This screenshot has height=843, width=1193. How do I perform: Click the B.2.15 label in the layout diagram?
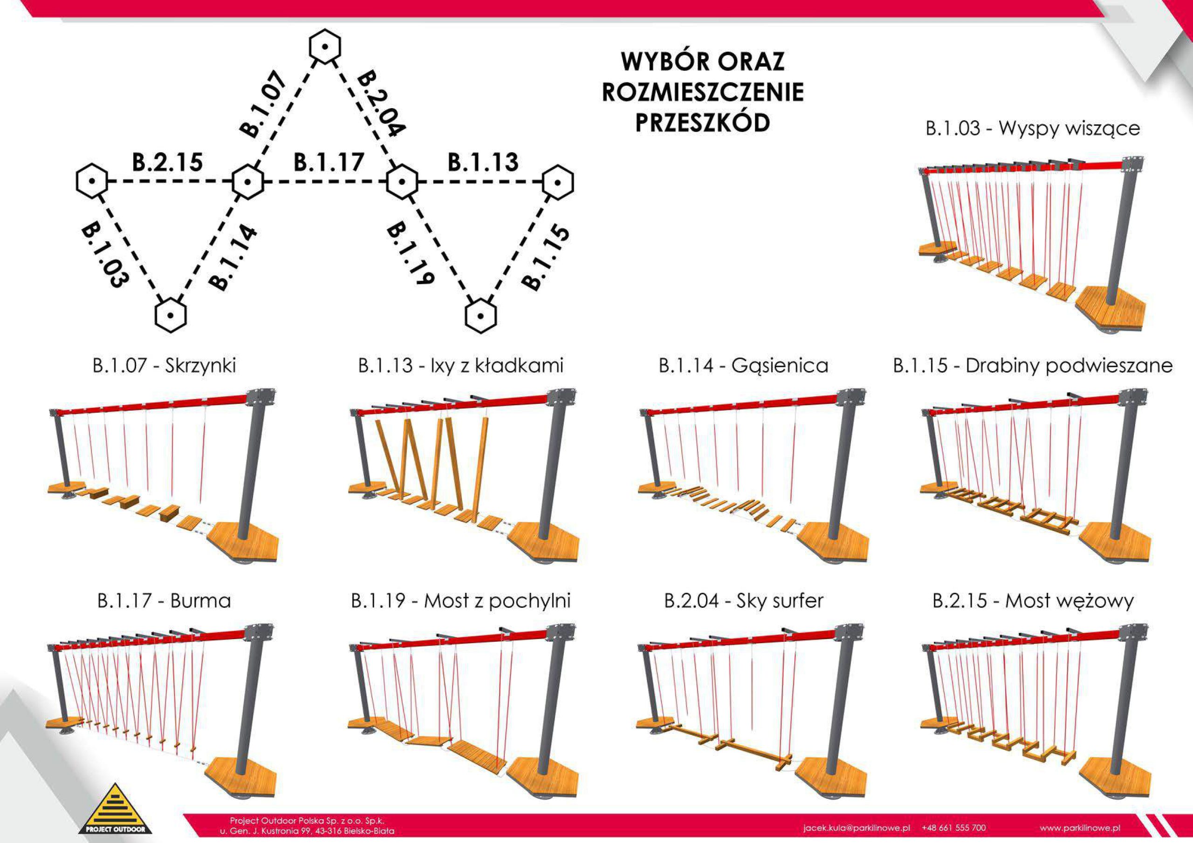coord(167,163)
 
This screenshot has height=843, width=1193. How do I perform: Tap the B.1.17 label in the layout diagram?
coord(329,163)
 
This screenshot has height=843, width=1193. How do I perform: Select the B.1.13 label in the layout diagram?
coord(483,163)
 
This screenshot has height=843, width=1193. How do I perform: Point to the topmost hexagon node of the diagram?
coord(325,47)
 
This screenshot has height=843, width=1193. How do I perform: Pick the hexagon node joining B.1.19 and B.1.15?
coord(480,315)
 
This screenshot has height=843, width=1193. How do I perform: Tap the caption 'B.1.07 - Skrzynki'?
coord(164,366)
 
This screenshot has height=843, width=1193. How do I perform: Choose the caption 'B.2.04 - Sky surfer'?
coord(744,601)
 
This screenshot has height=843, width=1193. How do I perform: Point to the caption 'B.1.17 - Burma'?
coord(164,601)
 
